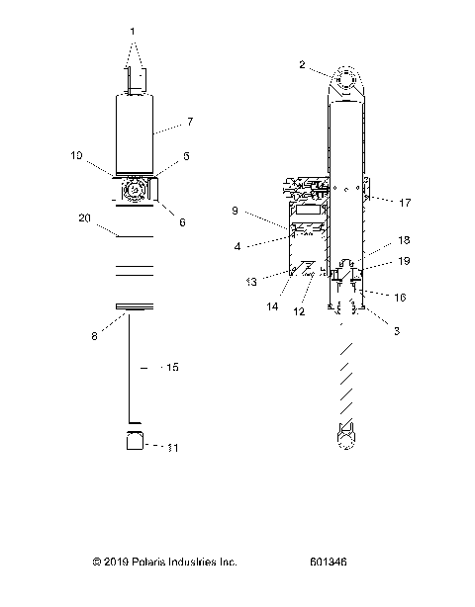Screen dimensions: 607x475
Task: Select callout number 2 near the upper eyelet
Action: tap(302, 64)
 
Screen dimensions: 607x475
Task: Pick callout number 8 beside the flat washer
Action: tap(95, 335)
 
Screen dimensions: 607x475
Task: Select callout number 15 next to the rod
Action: tap(173, 367)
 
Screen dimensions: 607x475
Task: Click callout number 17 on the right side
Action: tap(406, 205)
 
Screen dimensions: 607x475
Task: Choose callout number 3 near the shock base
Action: tap(396, 331)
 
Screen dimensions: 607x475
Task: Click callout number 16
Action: tap(399, 296)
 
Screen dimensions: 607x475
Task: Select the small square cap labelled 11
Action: tap(136, 441)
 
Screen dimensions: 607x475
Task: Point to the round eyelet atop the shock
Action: tap(347, 80)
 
